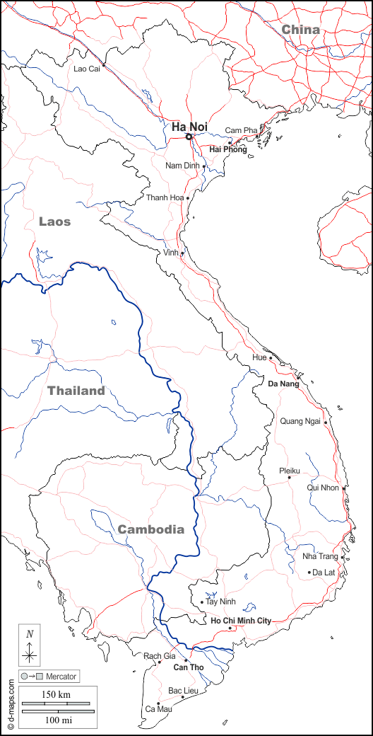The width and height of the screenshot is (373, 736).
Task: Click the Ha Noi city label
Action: [189, 127]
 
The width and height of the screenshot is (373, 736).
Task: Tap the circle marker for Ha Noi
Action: [189, 137]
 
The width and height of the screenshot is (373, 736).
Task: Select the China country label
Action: [300, 30]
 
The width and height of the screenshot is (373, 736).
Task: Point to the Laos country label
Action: [54, 222]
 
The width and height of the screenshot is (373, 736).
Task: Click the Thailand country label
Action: [76, 391]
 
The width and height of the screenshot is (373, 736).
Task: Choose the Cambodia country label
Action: [150, 529]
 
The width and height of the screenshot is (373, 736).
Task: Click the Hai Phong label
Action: [228, 149]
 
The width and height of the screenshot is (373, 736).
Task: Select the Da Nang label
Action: [283, 384]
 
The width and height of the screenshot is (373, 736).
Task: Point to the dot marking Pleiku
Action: [289, 477]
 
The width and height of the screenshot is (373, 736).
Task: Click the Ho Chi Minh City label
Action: [241, 621]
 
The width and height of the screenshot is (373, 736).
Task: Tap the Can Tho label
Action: [189, 667]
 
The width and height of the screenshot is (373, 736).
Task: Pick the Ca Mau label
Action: [158, 708]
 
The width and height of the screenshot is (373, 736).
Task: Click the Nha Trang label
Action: [319, 556]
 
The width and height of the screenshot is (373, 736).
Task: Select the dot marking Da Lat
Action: [309, 572]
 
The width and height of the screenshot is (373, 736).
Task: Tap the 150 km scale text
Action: [55, 695]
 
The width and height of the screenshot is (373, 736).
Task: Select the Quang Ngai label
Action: [300, 421]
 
